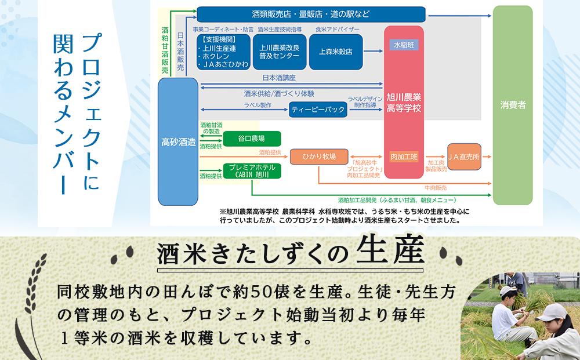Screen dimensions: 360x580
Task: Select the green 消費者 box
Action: pos(513,106)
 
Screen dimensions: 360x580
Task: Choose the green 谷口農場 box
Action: pos(252,139)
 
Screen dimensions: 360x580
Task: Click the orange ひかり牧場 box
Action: pos(318,157)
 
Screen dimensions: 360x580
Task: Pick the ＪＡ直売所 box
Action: pos(468,156)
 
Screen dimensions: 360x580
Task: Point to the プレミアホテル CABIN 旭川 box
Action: pos(252,170)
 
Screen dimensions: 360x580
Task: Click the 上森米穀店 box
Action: pos(336,51)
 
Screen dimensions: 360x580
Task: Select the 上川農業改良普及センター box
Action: pos(280,51)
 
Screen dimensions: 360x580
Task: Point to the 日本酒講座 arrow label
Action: pos(280,77)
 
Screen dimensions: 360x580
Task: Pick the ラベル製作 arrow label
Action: pos(258,105)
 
